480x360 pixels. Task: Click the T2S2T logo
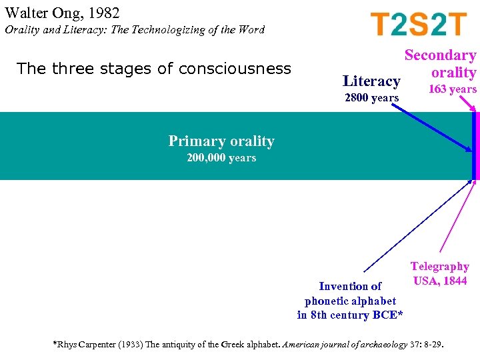[419, 25]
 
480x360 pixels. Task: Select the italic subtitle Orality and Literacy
[134, 30]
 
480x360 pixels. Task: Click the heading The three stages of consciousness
[153, 69]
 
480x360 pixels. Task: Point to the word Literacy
[371, 81]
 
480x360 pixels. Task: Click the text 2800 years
[371, 98]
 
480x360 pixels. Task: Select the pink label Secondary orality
[441, 64]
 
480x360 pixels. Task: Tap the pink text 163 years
[453, 89]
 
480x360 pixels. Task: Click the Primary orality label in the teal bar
[221, 141]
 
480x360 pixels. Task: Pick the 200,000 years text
[221, 158]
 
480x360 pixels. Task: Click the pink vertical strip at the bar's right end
[476, 145]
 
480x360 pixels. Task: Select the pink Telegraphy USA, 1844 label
[439, 273]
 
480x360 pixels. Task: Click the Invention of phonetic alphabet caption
[350, 293]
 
